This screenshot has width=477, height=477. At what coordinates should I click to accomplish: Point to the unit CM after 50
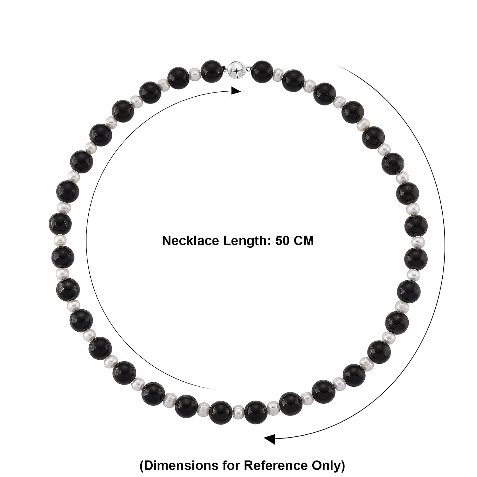303,241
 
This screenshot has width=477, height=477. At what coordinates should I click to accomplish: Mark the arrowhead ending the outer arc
270,440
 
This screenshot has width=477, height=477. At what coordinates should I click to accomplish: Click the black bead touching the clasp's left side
212,70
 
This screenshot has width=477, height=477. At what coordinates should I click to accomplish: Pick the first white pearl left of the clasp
195,75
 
